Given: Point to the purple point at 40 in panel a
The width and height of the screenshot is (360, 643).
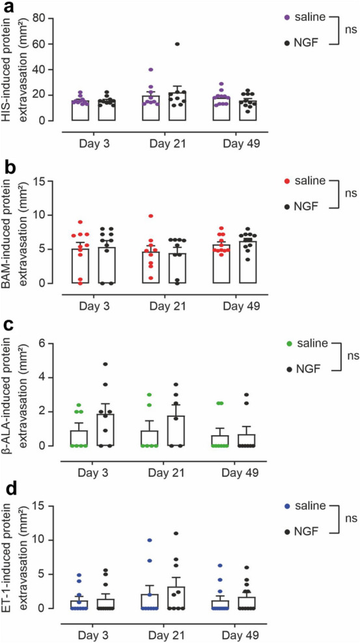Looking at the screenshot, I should click(151, 70).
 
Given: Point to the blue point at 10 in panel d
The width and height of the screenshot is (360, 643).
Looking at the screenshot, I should click(151, 540).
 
